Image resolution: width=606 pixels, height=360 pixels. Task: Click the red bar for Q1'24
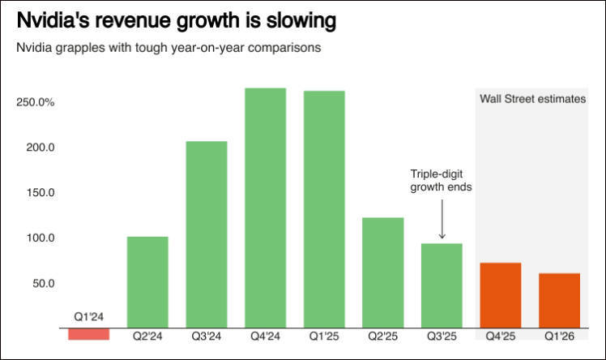tap(88, 333)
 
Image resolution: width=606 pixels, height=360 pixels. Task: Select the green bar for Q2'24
tap(147, 282)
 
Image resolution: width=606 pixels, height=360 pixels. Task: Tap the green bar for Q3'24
tap(207, 234)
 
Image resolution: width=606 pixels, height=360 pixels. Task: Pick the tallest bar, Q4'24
tap(265, 208)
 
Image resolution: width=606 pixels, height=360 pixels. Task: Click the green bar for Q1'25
tap(324, 209)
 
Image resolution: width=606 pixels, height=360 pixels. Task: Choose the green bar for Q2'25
tap(383, 272)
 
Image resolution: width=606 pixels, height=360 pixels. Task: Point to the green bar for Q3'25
tap(442, 285)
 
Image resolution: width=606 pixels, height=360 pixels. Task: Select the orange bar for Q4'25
tap(501, 295)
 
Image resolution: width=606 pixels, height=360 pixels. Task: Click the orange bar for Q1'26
tap(560, 300)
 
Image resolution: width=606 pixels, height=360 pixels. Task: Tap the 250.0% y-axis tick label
tap(35, 103)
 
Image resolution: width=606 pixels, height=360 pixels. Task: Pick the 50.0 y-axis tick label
tap(43, 284)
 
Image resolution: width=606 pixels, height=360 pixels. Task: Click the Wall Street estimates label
tap(532, 100)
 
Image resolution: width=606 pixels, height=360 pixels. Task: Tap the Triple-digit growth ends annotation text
tap(441, 180)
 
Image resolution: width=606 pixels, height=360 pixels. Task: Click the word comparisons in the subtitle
tap(280, 47)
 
